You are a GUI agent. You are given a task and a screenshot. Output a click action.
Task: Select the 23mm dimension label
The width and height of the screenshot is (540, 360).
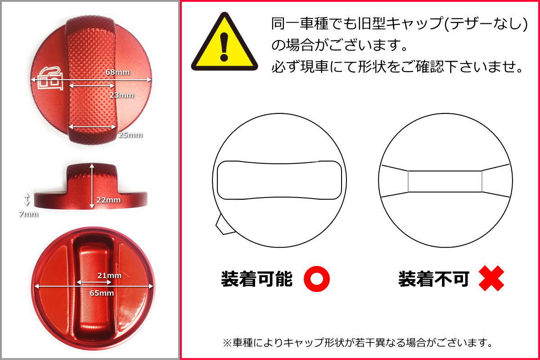pos(121,94)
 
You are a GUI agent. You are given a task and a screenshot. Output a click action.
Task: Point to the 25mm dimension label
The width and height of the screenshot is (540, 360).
pos(130,135)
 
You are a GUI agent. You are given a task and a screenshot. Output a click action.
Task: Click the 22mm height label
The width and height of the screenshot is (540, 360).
pos(108,200)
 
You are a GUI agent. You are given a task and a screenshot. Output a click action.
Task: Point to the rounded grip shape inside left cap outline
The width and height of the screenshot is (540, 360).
pos(278,180)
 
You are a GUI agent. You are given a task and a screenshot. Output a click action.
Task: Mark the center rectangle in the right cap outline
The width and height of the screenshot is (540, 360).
pos(445,182)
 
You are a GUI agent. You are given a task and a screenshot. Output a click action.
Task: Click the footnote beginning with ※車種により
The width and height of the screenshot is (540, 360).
pos(357,343)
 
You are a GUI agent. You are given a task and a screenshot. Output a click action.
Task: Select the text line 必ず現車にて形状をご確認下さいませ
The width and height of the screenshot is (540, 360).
pos(397,67)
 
